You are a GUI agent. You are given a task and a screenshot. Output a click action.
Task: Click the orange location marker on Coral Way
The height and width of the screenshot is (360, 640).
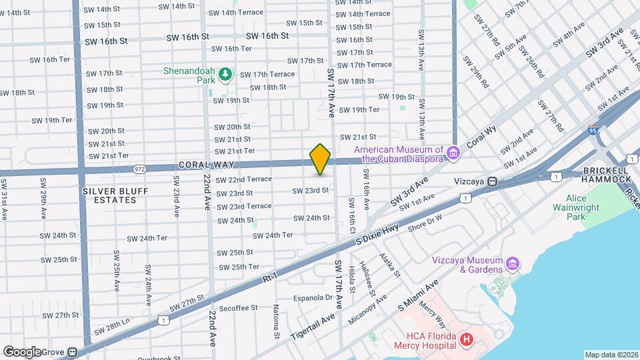(320, 159)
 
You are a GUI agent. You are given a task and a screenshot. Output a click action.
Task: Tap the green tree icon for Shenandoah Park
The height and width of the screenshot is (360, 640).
(225, 74)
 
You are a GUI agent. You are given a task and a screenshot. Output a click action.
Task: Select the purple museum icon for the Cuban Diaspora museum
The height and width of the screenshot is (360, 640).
(454, 155)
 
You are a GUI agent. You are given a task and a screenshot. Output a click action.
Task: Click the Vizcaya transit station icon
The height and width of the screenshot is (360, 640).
(493, 181)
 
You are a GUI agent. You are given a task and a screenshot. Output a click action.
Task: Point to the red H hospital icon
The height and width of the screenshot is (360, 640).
(467, 340)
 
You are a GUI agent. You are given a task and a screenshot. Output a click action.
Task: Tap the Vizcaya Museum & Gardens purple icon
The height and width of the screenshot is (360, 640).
(513, 264)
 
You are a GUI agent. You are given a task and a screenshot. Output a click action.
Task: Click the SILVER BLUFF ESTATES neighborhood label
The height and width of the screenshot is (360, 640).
(109, 195)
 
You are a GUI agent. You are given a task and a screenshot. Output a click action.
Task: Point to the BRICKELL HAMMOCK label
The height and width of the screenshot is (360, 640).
(605, 175)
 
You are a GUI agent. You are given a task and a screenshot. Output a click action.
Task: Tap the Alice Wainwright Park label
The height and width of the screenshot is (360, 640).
(585, 207)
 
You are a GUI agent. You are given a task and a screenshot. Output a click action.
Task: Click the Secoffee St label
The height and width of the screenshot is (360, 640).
(238, 308)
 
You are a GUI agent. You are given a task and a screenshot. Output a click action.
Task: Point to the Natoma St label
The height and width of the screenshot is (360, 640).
(276, 318)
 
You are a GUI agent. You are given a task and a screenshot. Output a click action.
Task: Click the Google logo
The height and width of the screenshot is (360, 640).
(21, 351)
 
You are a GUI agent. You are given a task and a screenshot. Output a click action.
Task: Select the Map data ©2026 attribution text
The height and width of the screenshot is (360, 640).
(611, 355)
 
